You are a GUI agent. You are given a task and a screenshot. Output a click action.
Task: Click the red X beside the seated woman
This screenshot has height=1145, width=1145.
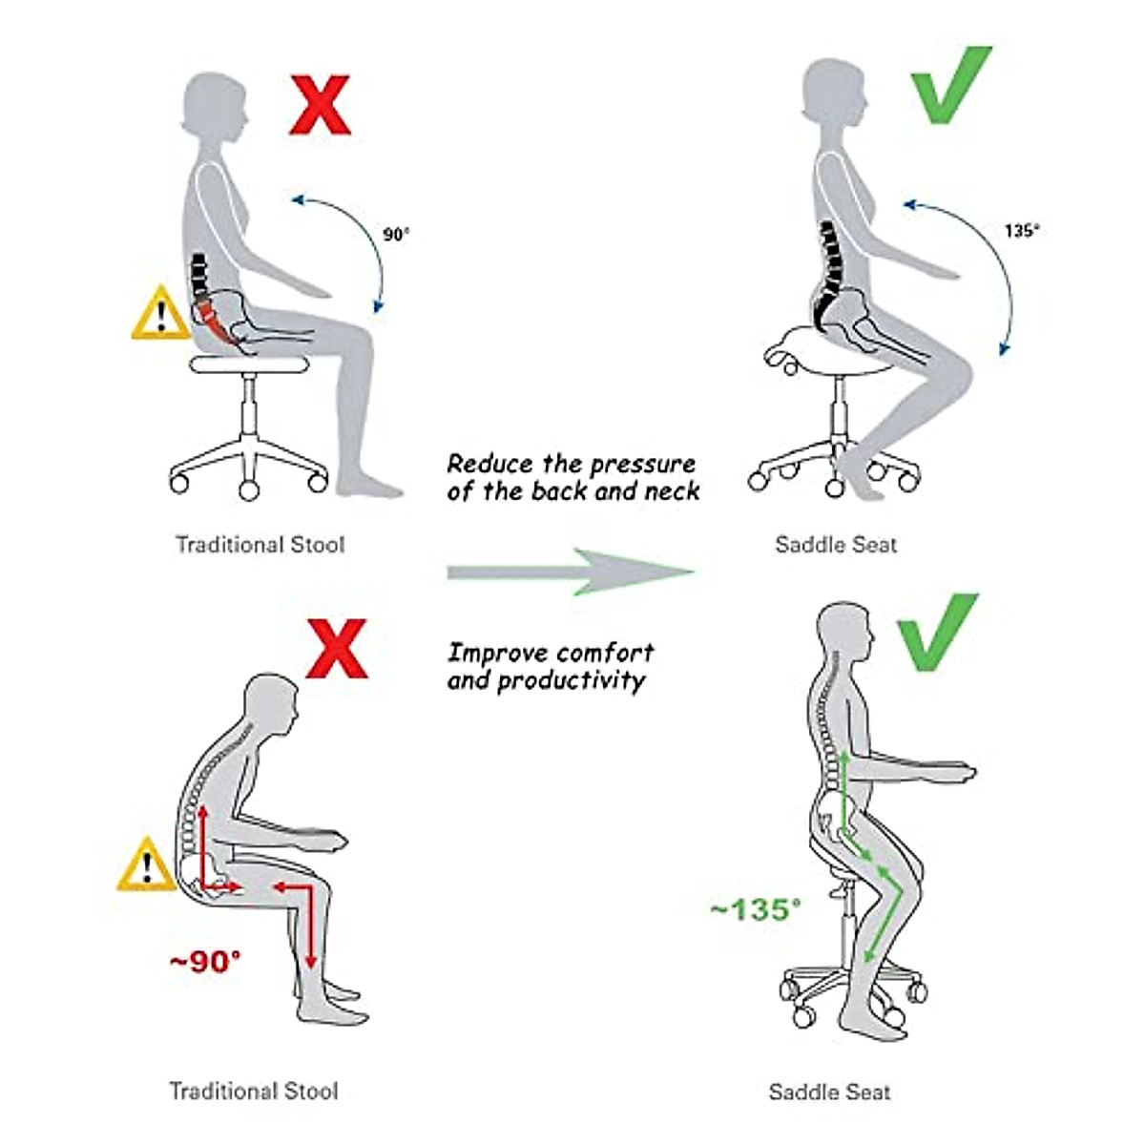pyautogui.click(x=320, y=105)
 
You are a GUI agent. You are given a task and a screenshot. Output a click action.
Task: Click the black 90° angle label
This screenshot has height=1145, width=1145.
pyautogui.click(x=396, y=234)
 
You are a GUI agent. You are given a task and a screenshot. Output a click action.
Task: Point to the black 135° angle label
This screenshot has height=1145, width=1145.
pyautogui.click(x=1023, y=230)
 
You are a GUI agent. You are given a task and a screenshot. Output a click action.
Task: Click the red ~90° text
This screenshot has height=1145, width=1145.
pyautogui.click(x=205, y=961)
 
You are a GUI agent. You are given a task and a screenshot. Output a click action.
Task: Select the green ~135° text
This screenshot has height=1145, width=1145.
pyautogui.click(x=755, y=908)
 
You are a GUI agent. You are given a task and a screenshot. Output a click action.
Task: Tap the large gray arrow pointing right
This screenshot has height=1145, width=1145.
pyautogui.click(x=571, y=572)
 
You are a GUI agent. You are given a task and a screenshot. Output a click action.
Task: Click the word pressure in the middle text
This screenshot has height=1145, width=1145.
pyautogui.click(x=642, y=465)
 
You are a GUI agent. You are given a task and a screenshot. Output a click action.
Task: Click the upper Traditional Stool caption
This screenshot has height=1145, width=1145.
pyautogui.click(x=260, y=545)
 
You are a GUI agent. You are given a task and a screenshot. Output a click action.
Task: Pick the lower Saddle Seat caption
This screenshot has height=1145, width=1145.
pyautogui.click(x=829, y=1092)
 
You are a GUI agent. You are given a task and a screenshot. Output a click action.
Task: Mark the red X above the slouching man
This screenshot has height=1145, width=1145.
pyautogui.click(x=336, y=648)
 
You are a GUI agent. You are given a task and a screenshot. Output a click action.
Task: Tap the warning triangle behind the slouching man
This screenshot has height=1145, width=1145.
pyautogui.click(x=147, y=866)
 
